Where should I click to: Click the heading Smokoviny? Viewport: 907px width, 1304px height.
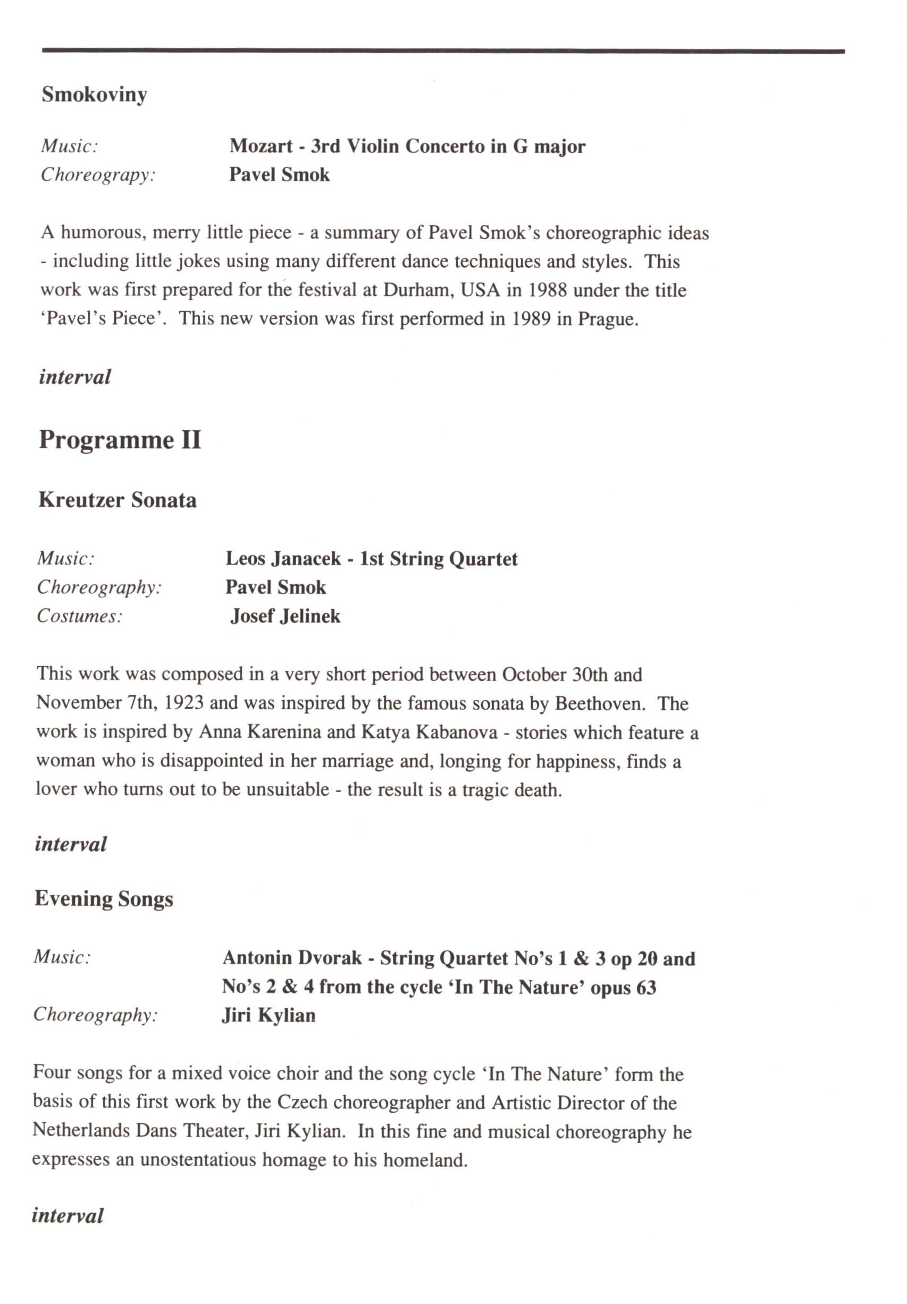point(94,95)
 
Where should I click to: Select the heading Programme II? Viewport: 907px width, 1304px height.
point(120,440)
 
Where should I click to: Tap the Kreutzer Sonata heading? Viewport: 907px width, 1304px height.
point(117,500)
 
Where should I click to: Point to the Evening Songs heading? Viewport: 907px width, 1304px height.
point(104,899)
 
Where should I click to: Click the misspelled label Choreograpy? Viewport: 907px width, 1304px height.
point(98,174)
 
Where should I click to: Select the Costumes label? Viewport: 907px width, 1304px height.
point(80,616)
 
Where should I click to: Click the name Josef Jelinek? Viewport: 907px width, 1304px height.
point(285,616)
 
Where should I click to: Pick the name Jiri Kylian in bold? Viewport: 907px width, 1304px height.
point(268,1015)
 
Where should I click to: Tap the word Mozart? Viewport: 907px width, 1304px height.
point(261,147)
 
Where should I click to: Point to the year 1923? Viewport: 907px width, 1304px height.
point(183,703)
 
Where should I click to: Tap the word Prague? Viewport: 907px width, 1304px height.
point(608,319)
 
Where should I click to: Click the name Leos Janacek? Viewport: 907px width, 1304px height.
point(283,559)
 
